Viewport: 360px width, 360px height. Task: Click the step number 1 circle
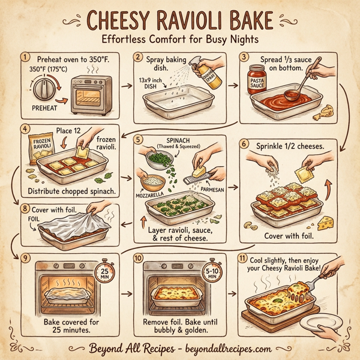(x=25, y=58)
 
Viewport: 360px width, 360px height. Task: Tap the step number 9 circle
(x=25, y=258)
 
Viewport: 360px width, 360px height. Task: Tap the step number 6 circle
(x=244, y=143)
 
